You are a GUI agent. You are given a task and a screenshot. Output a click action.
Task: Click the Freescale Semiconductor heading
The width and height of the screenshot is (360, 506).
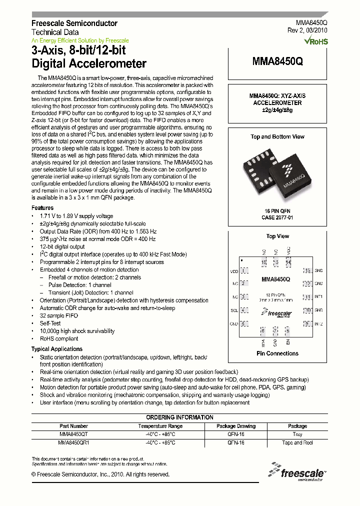pyautogui.click(x=74, y=23)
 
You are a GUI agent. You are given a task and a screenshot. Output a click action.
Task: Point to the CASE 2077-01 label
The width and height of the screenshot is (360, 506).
pyautogui.click(x=277, y=218)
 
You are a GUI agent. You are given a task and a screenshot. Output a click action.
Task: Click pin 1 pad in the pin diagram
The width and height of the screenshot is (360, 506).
pyautogui.click(x=244, y=270)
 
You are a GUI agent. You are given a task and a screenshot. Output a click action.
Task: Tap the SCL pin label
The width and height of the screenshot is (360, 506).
pyautogui.click(x=233, y=310)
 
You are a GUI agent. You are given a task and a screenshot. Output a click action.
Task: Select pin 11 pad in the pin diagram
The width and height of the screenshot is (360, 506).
pyautogui.click(x=307, y=297)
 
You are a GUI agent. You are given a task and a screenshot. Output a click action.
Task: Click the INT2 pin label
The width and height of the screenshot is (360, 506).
pyautogui.click(x=318, y=324)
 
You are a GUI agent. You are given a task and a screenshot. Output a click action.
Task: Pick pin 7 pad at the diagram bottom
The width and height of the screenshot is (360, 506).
pyautogui.click(x=275, y=330)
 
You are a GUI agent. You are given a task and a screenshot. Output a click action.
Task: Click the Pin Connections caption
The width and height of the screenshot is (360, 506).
pyautogui.click(x=277, y=353)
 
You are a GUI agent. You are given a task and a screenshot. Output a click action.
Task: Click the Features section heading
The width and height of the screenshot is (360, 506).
pyautogui.click(x=42, y=208)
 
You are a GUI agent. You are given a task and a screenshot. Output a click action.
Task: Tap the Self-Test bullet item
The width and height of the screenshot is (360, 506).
pyautogui.click(x=51, y=323)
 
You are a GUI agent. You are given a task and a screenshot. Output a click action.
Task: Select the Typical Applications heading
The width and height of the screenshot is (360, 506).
pyautogui.click(x=57, y=349)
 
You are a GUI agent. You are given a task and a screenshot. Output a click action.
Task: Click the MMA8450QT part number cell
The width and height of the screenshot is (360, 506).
pyautogui.click(x=73, y=434)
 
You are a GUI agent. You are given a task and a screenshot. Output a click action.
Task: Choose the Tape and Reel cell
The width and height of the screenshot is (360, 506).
pyautogui.click(x=297, y=443)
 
